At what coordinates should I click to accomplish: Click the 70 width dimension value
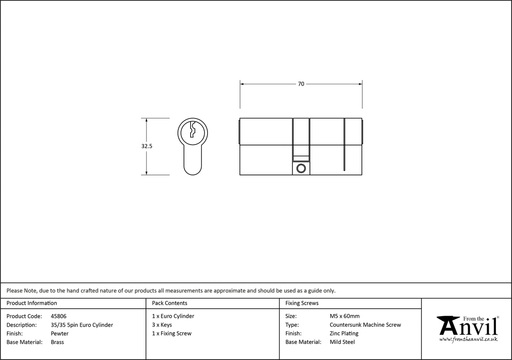pos(301,84)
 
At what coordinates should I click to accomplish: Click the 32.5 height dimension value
pos(147,146)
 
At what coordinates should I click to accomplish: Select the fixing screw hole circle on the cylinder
pos(301,169)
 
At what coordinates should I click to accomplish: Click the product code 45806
pos(59,316)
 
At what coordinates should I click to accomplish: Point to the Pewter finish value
pos(59,333)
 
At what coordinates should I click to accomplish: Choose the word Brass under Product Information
pos(57,342)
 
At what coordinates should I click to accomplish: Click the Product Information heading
pos(32,303)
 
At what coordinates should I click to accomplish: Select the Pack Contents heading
pos(170,303)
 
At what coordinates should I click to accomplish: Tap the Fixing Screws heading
pos(302,303)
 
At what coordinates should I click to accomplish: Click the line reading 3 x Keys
pos(162,325)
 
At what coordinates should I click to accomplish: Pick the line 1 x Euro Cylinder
pos(173,316)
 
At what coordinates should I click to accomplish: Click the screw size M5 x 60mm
pos(345,316)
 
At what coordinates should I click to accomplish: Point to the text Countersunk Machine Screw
pos(365,325)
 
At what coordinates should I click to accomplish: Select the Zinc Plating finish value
pos(344,333)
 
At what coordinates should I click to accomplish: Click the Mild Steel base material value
pos(342,342)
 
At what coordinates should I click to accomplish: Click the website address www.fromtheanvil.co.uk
pos(468,339)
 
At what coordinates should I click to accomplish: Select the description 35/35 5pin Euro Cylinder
pos(82,325)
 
